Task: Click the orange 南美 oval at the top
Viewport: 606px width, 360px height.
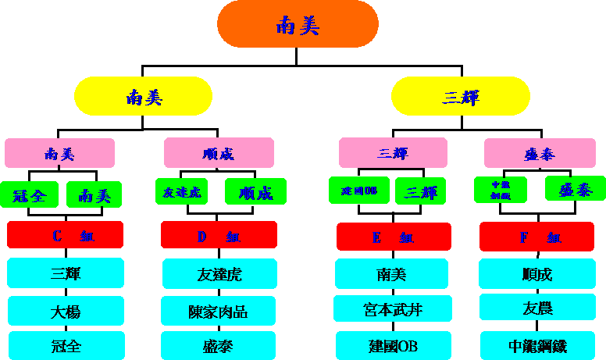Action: point(298,23)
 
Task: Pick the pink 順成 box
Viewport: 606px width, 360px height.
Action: point(219,153)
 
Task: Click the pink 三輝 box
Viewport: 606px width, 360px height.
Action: point(393,153)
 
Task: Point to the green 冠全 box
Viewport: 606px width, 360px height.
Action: point(29,194)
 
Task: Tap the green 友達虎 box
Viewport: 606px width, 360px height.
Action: point(182,191)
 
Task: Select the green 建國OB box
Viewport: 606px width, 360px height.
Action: point(359,191)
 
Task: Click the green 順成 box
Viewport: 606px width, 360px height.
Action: point(255,191)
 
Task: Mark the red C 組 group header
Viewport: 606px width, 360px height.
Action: point(66,235)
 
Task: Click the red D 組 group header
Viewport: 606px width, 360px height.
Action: point(219,235)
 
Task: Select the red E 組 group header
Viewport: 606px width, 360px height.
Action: point(394,237)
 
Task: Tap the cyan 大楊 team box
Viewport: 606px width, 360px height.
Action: point(66,311)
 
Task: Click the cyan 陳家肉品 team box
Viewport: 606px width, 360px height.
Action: point(219,311)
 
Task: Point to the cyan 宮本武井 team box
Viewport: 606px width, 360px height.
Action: point(393,309)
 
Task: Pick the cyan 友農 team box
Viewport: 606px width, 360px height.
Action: point(538,308)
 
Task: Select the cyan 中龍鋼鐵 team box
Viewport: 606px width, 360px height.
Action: point(538,345)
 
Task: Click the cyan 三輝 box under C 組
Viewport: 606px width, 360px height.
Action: point(66,273)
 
